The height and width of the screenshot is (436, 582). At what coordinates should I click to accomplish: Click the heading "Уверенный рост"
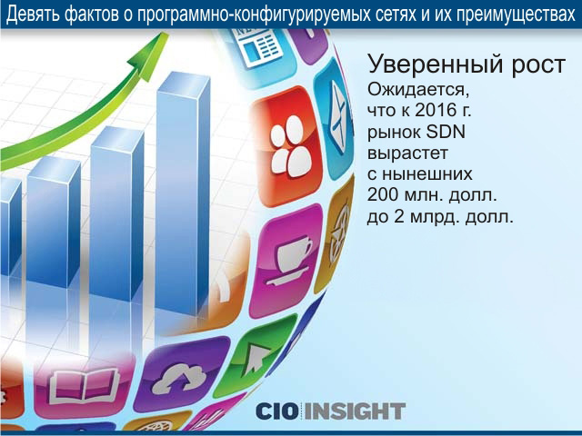coord(467,64)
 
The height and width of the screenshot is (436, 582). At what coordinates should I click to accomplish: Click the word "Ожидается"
coord(416,90)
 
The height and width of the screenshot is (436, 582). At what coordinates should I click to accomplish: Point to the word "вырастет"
coord(407,154)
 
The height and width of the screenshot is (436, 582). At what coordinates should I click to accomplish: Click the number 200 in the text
coord(383,195)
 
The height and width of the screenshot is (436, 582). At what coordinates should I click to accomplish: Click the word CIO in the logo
coord(278,411)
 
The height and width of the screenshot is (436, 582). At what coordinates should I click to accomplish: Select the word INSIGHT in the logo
coord(355,411)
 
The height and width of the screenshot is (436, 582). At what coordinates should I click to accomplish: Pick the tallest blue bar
coord(183,193)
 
